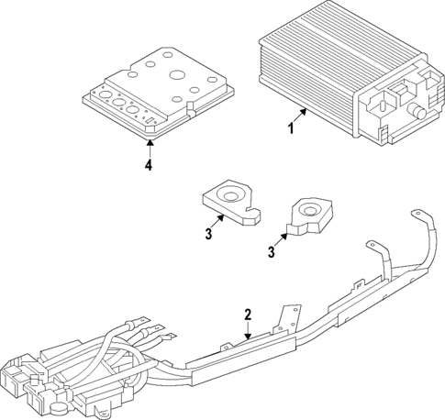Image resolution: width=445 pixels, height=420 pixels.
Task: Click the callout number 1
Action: pos(292,128)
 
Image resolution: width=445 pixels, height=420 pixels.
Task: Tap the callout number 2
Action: pos(247,315)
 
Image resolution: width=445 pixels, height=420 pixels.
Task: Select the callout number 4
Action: pos(147,165)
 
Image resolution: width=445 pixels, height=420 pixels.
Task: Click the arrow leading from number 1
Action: pos(301,116)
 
